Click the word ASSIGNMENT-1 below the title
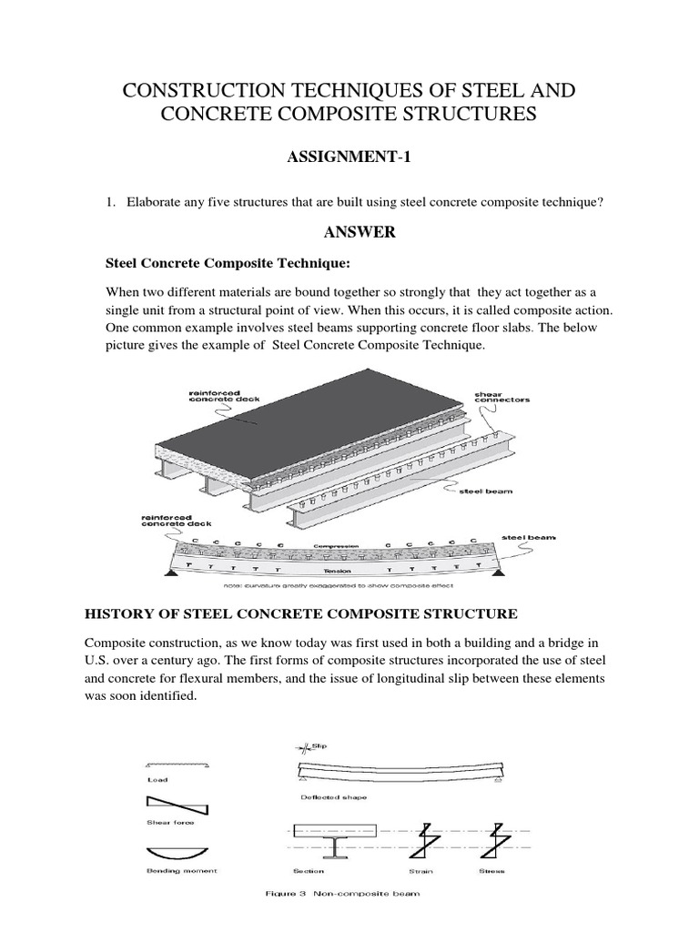point(349,158)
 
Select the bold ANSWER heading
point(360,232)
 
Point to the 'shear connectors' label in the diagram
point(501,395)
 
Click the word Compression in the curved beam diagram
point(339,546)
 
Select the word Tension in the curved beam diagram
point(338,572)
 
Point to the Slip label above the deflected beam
point(318,745)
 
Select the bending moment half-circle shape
point(176,855)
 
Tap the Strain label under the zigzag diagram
point(425,871)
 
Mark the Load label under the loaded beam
point(156,780)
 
